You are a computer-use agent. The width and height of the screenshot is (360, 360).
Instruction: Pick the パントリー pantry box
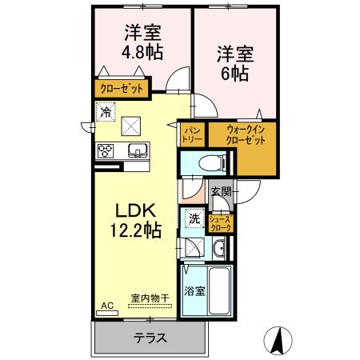(192, 133)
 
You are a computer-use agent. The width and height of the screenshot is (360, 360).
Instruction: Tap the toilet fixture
(210, 162)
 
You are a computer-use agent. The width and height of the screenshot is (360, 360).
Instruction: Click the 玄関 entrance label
(222, 192)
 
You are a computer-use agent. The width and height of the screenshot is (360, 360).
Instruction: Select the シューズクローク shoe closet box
(221, 223)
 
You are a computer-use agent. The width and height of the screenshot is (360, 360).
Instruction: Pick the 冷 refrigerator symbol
(106, 113)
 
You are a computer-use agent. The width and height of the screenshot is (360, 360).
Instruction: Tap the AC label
(107, 305)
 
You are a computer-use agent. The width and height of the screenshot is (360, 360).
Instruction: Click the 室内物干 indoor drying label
(150, 299)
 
